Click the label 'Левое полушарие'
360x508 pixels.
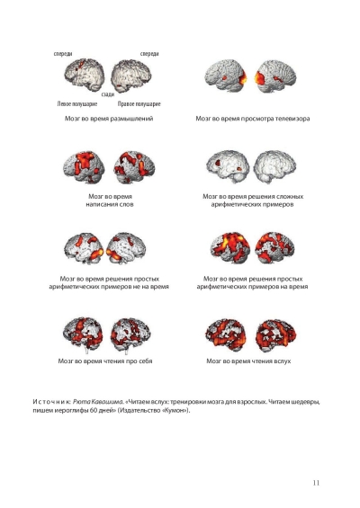click(x=77, y=104)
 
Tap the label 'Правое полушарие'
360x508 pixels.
click(x=139, y=104)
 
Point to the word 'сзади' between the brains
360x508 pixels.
click(x=108, y=94)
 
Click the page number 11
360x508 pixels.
click(x=316, y=483)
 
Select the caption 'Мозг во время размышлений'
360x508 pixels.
click(x=109, y=119)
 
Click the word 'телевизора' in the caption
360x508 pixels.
click(x=292, y=119)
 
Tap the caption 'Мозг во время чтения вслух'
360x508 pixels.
click(x=248, y=361)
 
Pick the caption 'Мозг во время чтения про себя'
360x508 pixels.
click(x=105, y=361)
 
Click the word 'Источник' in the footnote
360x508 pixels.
click(x=51, y=402)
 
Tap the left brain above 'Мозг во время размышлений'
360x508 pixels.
click(x=85, y=75)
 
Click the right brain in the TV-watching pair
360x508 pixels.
click(x=275, y=76)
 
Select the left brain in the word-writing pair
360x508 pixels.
click(x=84, y=167)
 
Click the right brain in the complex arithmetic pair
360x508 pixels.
click(x=274, y=166)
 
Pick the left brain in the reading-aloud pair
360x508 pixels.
click(x=226, y=335)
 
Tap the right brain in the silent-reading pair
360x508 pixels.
click(x=130, y=334)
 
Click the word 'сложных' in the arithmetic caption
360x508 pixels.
click(x=291, y=196)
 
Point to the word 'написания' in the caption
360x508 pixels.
click(x=101, y=204)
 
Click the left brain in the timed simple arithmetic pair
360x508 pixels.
click(x=229, y=247)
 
